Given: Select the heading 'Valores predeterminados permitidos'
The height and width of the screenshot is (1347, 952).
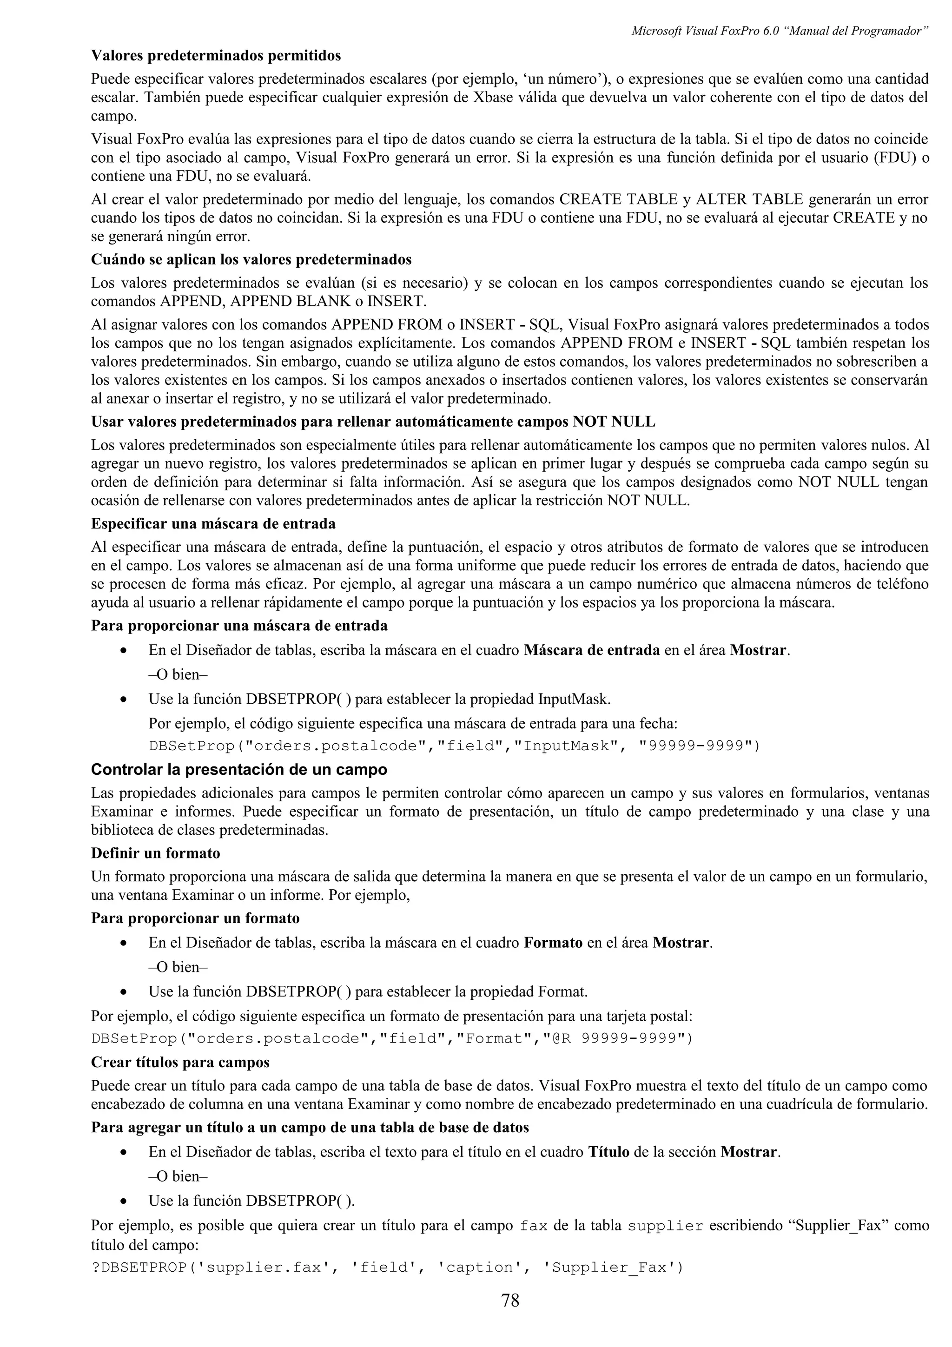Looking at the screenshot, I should tap(216, 56).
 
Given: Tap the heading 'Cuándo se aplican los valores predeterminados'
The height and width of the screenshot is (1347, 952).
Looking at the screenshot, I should tap(251, 259).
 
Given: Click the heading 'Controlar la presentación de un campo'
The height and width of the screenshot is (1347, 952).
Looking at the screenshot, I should tap(239, 769).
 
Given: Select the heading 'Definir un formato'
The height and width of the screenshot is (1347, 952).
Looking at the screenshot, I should tap(155, 852).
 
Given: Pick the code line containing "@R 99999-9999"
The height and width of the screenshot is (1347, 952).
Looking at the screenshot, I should tap(392, 1038).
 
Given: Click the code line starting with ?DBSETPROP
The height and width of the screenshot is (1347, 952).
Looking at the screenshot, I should tap(387, 1267).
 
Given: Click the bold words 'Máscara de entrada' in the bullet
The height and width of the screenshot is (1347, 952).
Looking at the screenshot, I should tap(591, 650).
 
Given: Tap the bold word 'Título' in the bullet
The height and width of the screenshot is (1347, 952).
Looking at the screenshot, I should tap(608, 1152).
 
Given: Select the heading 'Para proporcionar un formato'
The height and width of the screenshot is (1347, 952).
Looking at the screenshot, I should tap(195, 918).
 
